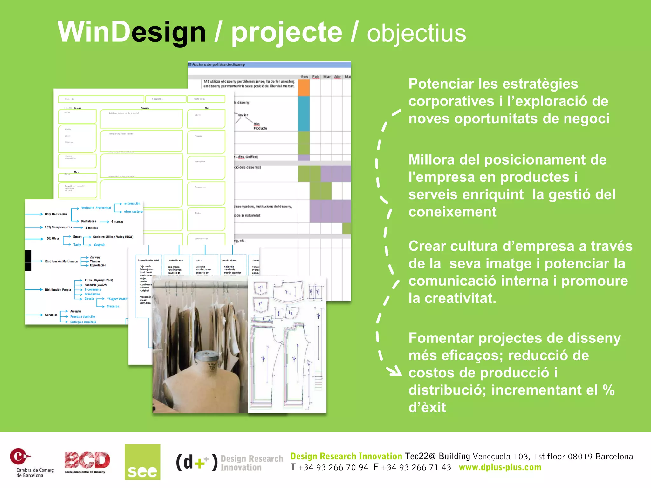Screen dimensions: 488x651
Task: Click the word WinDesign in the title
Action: (x=131, y=32)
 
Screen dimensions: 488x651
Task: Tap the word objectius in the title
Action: (x=416, y=34)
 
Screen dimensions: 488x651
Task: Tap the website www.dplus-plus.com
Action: (x=500, y=467)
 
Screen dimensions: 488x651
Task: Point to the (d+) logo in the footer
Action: (x=197, y=462)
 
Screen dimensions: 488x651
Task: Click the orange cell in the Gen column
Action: (x=304, y=88)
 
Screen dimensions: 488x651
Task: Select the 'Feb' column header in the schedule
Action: (x=315, y=77)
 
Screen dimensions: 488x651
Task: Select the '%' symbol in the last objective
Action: (x=608, y=390)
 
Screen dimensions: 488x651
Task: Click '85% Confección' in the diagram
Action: (x=56, y=214)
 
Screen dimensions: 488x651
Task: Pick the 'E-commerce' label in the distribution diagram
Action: (x=93, y=289)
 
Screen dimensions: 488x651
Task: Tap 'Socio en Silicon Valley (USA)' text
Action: (x=113, y=237)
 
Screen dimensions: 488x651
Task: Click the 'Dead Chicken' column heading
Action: (x=229, y=260)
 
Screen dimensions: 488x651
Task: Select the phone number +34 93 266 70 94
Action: (x=333, y=467)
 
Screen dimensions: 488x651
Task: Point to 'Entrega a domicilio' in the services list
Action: (x=83, y=322)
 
